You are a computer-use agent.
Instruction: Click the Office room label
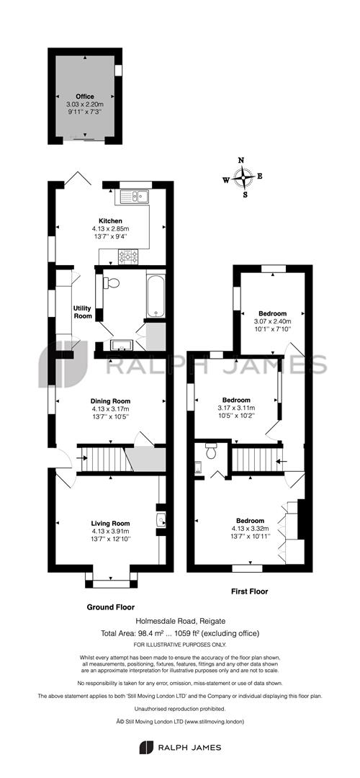coord(85,97)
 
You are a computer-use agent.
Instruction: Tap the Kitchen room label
coord(110,220)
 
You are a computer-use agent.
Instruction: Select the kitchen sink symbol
coord(135,196)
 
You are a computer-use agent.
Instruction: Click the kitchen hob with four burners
coord(128,254)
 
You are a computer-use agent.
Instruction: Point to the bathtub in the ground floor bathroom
coord(157,293)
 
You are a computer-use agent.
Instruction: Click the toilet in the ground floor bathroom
coord(112,283)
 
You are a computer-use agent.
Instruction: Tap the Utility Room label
coord(83,312)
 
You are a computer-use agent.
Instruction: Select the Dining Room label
coord(110,401)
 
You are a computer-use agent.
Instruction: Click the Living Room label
coord(110,524)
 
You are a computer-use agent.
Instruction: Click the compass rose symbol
coord(245,177)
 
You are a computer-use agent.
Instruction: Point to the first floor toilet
coord(210,453)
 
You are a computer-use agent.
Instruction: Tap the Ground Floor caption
coord(110,607)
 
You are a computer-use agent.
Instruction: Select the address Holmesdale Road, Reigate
coord(179,620)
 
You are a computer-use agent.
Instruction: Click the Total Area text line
coord(179,632)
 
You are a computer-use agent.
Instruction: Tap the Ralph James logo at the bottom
coord(179,747)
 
